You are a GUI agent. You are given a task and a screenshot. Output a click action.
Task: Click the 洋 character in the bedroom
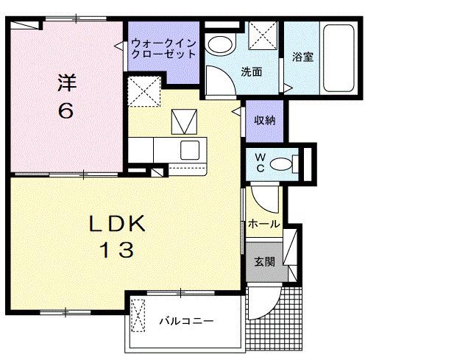click(x=66, y=82)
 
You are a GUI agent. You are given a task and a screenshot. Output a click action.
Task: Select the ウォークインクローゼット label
click(x=163, y=49)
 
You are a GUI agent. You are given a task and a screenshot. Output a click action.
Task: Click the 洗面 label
click(x=252, y=71)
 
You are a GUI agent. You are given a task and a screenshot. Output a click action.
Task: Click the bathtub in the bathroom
click(x=339, y=57)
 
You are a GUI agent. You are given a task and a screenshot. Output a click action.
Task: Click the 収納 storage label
click(x=265, y=120)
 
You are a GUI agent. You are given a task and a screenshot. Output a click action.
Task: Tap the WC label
click(x=260, y=161)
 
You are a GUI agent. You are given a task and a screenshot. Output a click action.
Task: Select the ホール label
click(x=263, y=223)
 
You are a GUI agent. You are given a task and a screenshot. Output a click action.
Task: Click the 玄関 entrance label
click(x=264, y=261)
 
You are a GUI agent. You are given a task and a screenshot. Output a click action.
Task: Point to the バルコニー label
click(x=186, y=322)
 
